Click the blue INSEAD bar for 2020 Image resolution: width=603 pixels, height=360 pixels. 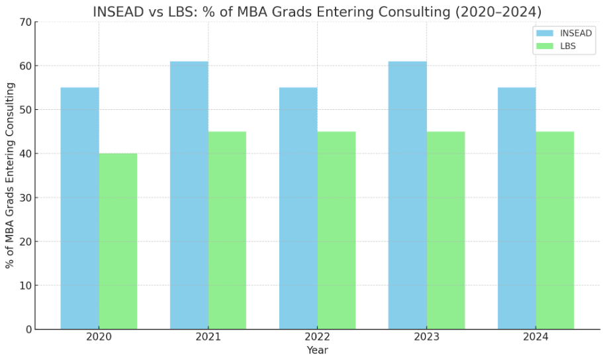(79, 208)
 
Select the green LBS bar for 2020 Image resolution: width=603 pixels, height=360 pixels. (118, 241)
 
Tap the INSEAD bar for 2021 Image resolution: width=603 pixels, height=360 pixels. (189, 195)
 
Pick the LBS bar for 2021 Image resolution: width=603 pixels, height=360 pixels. (227, 230)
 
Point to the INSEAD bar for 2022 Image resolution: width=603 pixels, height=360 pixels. (298, 208)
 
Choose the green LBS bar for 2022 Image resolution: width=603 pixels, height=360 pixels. (336, 230)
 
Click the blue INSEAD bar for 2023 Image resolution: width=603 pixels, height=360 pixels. (407, 195)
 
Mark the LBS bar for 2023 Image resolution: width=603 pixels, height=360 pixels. (445, 230)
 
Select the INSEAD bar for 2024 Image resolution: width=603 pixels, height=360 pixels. (516, 208)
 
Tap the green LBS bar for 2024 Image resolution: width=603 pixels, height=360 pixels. (555, 230)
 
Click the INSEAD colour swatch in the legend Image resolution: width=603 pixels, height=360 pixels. (544, 33)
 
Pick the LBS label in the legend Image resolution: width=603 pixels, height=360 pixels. (567, 46)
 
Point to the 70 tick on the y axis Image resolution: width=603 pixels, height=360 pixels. (26, 22)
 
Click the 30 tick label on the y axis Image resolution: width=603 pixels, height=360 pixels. (26, 198)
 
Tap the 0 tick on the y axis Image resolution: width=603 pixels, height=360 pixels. (28, 330)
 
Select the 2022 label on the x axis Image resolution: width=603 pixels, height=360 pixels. (317, 337)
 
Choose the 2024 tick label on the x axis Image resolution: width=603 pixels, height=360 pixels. (535, 337)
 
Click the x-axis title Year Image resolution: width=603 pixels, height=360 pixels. (317, 350)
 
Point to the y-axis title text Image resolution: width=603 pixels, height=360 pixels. (10, 175)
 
